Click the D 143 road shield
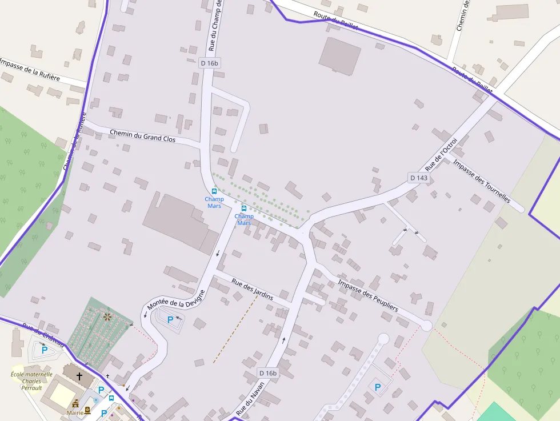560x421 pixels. (x=418, y=178)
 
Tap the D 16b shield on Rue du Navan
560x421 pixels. (x=267, y=373)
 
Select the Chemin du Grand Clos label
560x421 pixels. (x=142, y=136)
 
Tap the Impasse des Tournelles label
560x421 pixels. (x=481, y=180)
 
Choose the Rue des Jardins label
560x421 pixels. (x=252, y=289)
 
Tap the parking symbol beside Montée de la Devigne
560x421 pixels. (x=170, y=320)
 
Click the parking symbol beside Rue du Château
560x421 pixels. (x=45, y=350)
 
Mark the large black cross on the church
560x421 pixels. (x=79, y=376)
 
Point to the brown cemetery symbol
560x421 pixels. (x=106, y=316)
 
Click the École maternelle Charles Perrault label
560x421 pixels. (x=31, y=381)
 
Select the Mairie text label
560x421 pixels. (x=74, y=412)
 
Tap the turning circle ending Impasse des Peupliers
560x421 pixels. (x=426, y=325)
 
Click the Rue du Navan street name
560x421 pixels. (x=250, y=398)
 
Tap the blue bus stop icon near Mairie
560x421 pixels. (x=111, y=398)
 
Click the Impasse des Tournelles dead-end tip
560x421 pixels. (x=519, y=209)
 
